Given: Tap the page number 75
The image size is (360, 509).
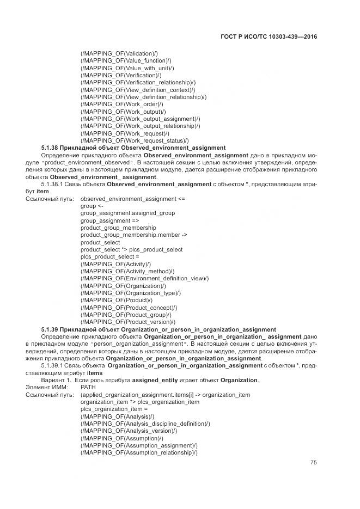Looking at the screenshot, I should (x=314, y=463).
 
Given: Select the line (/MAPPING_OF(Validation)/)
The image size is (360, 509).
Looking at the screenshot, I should (x=119, y=53).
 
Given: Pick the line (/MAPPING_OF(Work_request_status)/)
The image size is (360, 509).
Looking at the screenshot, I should (x=135, y=140).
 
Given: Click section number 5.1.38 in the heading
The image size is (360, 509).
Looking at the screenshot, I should (x=50, y=148).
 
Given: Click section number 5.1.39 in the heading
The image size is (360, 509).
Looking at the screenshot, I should (x=50, y=329).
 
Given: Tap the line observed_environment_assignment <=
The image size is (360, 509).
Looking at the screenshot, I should (x=132, y=199).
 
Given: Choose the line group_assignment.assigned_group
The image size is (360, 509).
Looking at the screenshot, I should (x=127, y=213).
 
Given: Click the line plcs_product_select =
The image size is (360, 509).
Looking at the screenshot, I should (x=110, y=257).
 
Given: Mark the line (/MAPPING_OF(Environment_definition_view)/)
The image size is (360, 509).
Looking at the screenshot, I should (x=144, y=279).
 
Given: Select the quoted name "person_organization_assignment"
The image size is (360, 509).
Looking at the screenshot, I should (x=138, y=344).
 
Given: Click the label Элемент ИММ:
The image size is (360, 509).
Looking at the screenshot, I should (x=45, y=388).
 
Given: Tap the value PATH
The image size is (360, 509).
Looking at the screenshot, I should (x=88, y=388).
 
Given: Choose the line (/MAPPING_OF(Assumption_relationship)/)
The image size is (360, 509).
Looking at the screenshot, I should (x=138, y=453).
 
